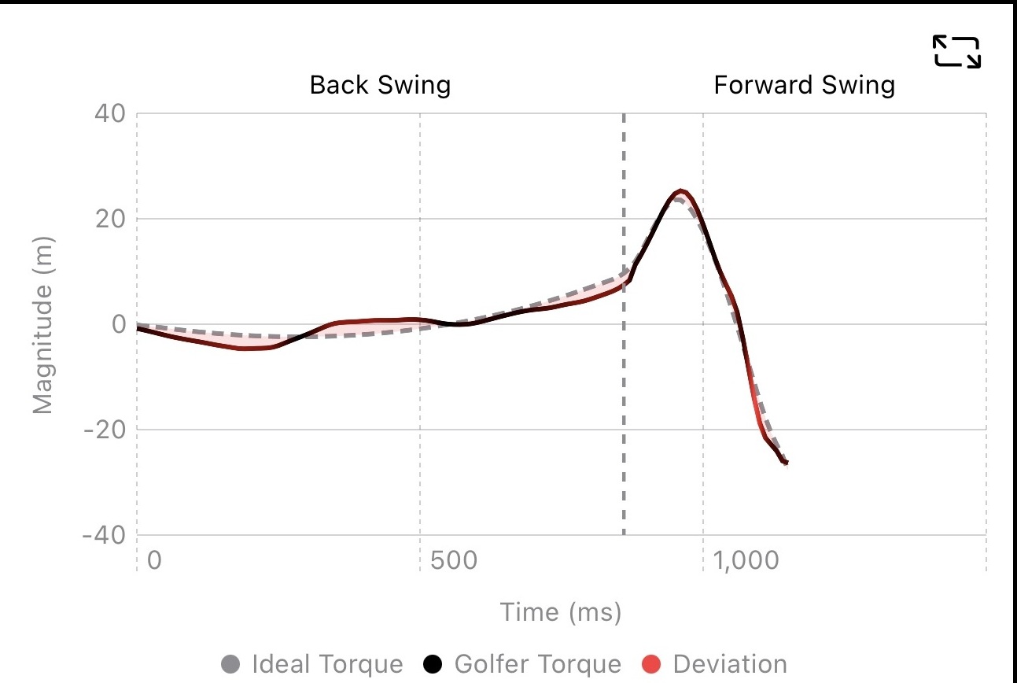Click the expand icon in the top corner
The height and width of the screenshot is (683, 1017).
956,52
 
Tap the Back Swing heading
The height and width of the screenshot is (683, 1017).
380,85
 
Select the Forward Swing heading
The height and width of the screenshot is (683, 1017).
805,85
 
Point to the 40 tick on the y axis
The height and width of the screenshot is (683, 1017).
110,113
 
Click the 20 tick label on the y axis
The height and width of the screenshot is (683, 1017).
110,219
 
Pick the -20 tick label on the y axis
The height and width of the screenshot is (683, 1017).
105,430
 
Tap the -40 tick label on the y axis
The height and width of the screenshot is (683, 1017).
104,535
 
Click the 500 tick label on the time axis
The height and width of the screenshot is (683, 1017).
454,560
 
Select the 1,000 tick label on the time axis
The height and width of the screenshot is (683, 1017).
746,560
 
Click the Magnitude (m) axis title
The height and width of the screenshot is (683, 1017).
43,325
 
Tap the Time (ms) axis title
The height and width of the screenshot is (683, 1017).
561,611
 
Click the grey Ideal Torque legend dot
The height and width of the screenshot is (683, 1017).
230,664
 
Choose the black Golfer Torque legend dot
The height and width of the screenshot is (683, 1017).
433,664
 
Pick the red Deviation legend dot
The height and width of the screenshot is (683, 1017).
651,664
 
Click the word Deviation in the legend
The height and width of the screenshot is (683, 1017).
730,664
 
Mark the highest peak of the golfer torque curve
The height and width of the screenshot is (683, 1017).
680,190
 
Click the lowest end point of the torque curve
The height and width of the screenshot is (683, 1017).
787,463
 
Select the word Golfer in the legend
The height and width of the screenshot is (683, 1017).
486,664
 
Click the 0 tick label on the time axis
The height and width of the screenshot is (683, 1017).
154,560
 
